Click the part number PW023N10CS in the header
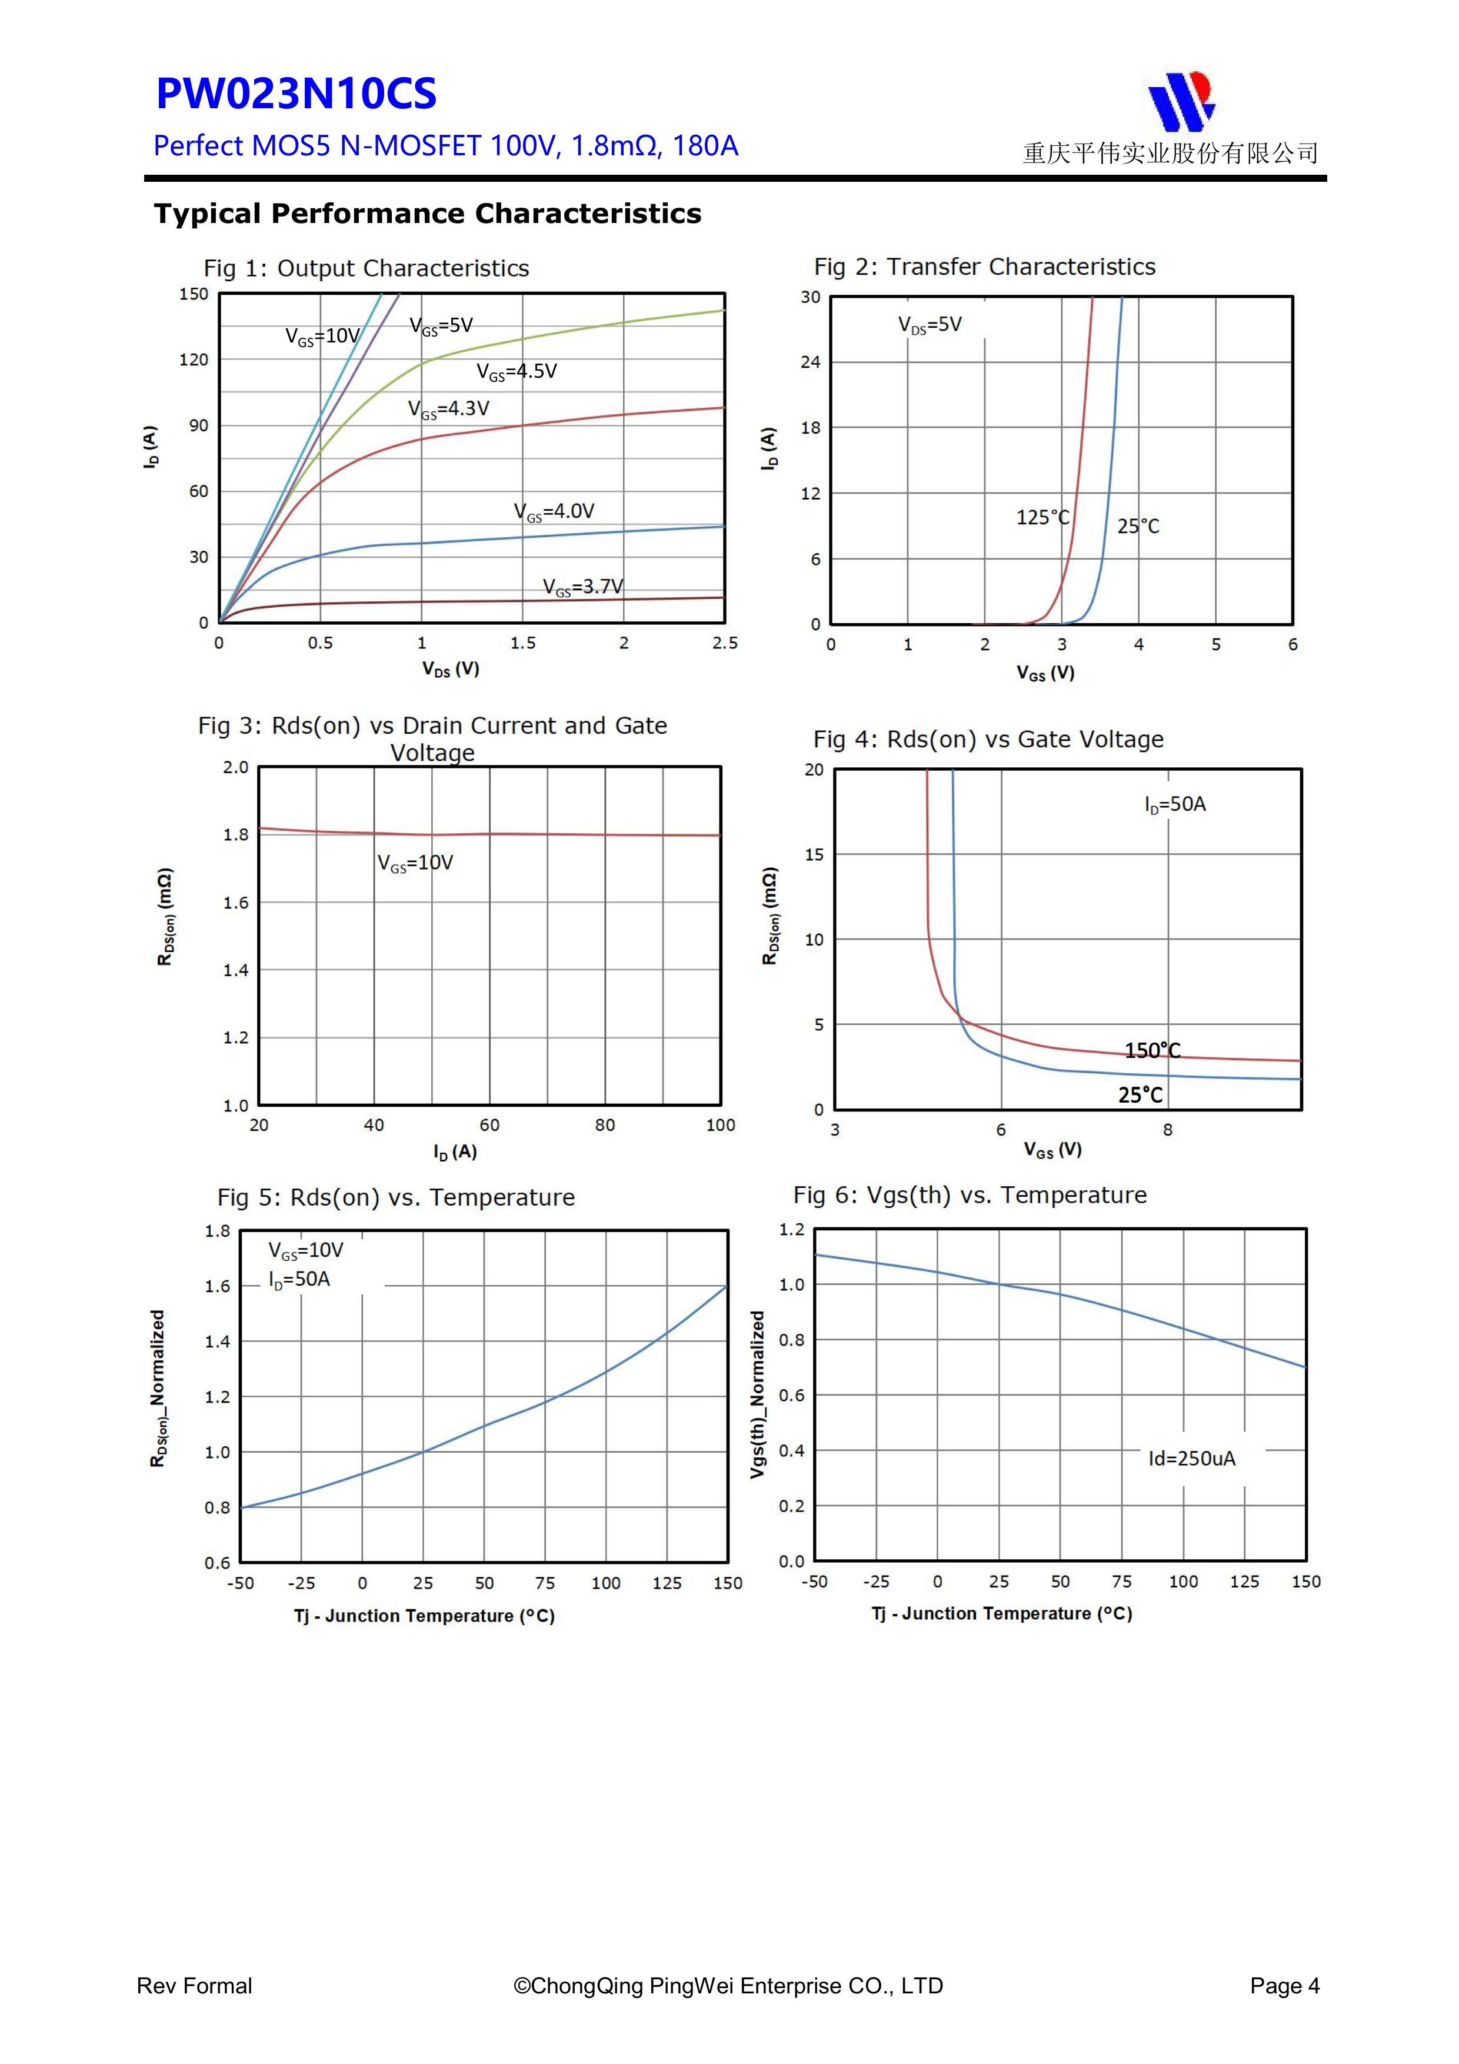(296, 94)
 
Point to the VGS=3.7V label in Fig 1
(582, 587)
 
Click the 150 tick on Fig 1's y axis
(194, 294)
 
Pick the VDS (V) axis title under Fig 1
(451, 669)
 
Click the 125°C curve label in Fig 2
(1042, 518)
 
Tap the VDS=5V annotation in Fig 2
(930, 325)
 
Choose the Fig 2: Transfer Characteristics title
(984, 267)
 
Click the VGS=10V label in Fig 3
(415, 863)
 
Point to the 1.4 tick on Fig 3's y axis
(235, 970)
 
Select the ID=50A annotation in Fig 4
(1175, 804)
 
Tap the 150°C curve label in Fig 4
(1152, 1050)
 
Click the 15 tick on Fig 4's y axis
(814, 855)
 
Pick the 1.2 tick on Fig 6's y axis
(791, 1230)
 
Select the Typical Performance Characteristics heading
(427, 214)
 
